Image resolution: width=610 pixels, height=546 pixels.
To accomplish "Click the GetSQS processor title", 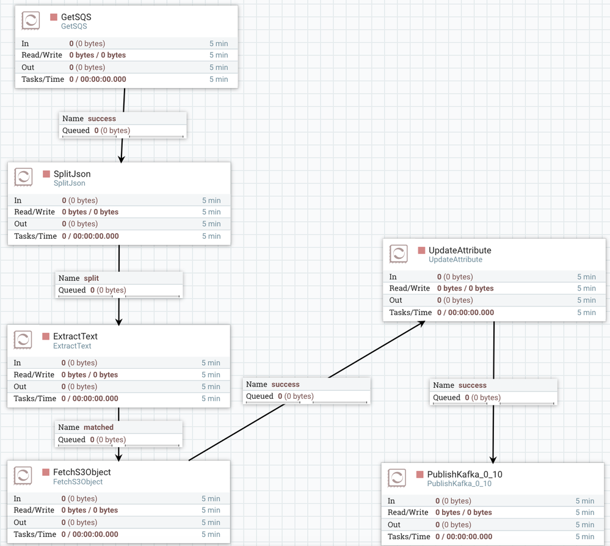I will (x=76, y=17).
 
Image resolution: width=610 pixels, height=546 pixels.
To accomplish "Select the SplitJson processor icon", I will (x=23, y=178).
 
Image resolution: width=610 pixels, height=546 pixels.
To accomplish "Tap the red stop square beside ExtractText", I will (x=46, y=337).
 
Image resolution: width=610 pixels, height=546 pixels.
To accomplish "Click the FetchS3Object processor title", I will (x=82, y=472).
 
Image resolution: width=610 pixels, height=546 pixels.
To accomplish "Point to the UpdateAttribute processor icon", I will (x=398, y=254).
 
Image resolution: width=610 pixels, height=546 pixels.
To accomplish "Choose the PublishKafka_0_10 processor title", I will (x=465, y=474).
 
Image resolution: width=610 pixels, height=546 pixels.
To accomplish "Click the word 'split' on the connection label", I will (x=91, y=278).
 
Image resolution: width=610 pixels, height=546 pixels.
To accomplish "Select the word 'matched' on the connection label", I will (x=98, y=427).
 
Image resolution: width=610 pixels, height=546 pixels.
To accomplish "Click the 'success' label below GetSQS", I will (x=101, y=118).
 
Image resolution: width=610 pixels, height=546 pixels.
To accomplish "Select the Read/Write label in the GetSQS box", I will (x=42, y=55).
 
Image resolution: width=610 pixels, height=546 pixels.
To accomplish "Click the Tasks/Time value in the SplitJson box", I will (x=90, y=236).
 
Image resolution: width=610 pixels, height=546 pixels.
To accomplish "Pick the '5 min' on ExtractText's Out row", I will (x=211, y=387).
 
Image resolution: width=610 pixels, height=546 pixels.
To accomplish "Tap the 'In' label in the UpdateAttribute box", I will (x=393, y=277).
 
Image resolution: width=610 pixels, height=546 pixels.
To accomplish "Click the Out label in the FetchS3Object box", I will (x=20, y=522).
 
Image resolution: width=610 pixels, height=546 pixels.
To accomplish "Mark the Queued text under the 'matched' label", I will (x=71, y=439).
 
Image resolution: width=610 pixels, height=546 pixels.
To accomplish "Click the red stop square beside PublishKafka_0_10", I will (x=421, y=475).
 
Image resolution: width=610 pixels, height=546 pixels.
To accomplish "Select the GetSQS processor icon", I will (x=31, y=21).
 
